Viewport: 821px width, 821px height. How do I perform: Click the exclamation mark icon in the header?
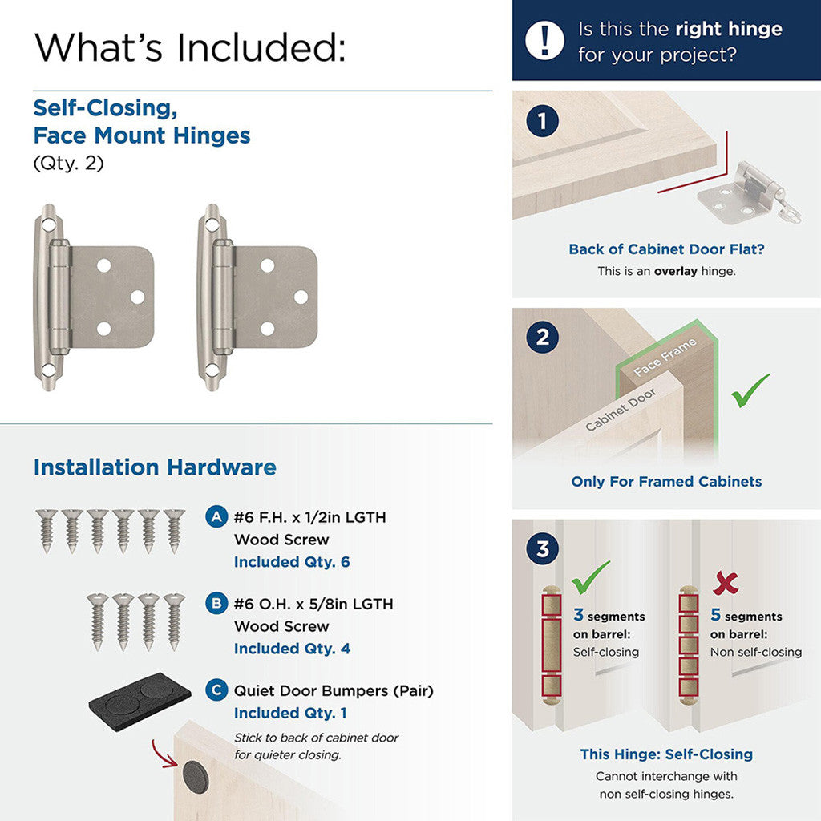pos(544,39)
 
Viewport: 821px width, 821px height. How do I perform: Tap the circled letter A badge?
pos(216,517)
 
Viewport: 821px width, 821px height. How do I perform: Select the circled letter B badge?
pos(216,604)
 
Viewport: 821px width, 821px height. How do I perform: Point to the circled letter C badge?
pos(216,690)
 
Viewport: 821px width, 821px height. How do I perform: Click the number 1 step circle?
pos(543,122)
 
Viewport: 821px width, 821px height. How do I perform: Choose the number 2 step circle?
pos(543,337)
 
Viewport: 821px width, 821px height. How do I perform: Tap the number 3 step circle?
pos(543,550)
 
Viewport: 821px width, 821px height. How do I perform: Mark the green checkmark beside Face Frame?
pos(750,390)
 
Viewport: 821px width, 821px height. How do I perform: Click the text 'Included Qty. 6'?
pos(292,562)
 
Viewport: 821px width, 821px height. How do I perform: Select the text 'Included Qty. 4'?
pos(292,649)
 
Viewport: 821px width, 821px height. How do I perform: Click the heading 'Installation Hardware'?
pos(155,467)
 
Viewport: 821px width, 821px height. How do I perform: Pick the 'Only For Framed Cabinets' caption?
pos(666,482)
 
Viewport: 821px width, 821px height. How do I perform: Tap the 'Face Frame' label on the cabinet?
pos(665,357)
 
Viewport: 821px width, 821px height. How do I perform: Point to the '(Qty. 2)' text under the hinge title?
pos(68,163)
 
